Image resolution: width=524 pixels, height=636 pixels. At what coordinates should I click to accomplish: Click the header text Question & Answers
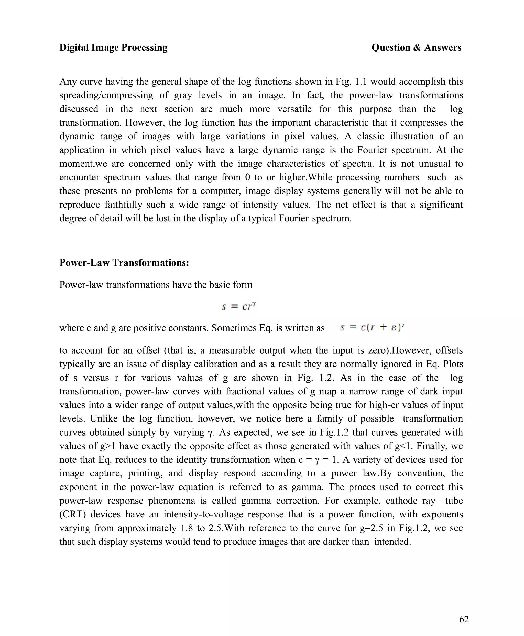pyautogui.click(x=416, y=47)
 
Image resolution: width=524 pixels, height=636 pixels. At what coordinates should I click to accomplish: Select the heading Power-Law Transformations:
pyautogui.click(x=124, y=263)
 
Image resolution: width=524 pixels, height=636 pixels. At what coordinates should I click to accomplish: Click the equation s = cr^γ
pyautogui.click(x=239, y=306)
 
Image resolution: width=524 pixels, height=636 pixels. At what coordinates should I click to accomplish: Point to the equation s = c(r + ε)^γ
pyautogui.click(x=372, y=327)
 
